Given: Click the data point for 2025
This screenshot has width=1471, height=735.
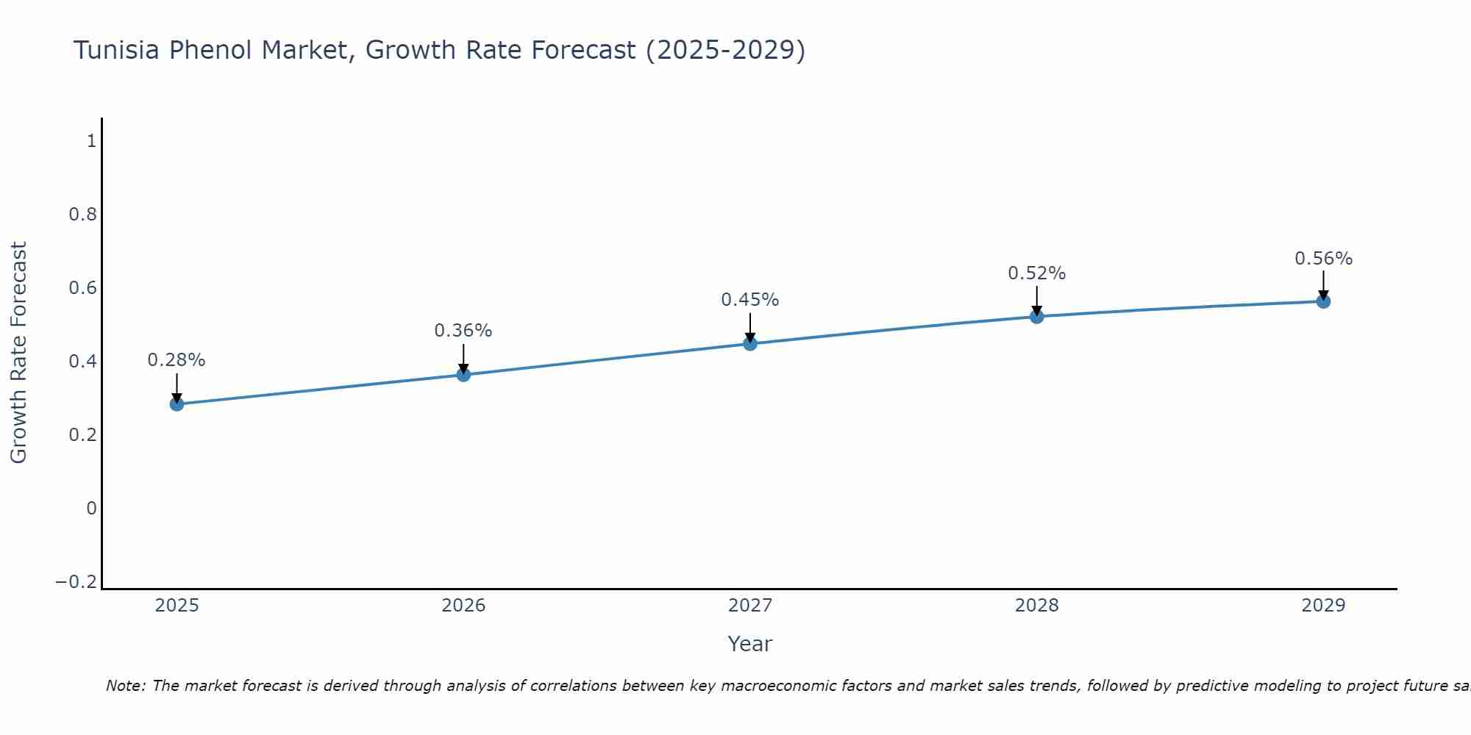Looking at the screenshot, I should coord(177,404).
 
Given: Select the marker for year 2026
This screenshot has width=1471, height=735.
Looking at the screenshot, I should coord(463,374).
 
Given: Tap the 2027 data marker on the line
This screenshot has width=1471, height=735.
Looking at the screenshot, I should coord(750,343).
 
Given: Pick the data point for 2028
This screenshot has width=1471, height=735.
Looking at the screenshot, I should coord(1037,317).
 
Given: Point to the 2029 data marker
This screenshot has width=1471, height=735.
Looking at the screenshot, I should coord(1323,301).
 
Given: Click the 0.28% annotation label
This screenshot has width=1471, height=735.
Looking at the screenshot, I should coord(177,360).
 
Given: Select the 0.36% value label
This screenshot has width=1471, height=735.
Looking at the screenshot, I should coord(463,331).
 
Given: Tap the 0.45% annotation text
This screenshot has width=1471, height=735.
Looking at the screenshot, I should coord(750,300).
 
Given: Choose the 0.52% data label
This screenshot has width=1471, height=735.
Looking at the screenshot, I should coord(1037,273).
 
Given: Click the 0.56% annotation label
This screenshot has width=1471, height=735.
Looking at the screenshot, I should coord(1323,259).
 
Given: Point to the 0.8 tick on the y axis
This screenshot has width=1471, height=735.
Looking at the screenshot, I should coord(82,215).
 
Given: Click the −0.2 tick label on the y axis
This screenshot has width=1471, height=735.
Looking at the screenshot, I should coord(76,582).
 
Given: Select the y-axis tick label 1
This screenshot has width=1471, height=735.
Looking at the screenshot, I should coord(91,141).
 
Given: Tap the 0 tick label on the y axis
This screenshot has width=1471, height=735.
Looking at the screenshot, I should coord(91,509).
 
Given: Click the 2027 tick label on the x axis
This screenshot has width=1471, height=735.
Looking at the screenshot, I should coord(750,606).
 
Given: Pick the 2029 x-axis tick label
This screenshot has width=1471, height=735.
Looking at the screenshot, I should coord(1323,606).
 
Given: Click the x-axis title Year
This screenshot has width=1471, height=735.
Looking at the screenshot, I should coord(750,644).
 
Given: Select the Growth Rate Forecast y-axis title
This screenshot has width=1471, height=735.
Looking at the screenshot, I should coord(18,353).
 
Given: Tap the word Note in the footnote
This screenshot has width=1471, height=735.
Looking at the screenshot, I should coord(126,686).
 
